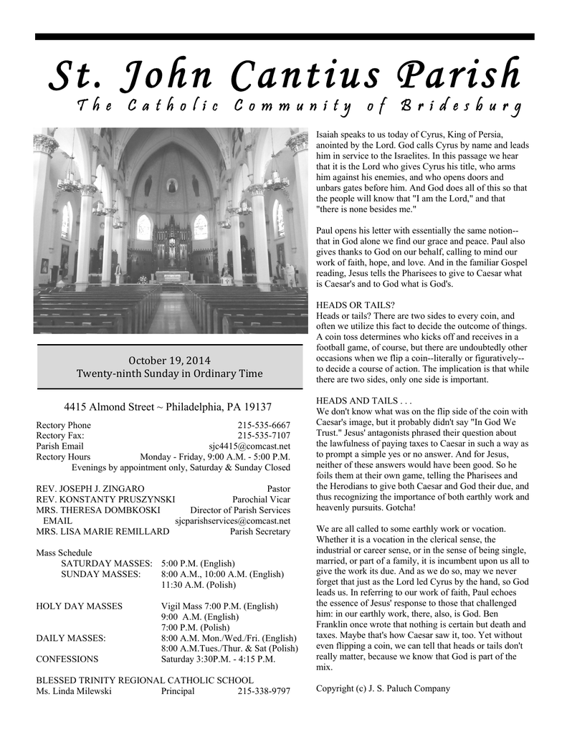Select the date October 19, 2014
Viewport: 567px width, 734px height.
(x=169, y=359)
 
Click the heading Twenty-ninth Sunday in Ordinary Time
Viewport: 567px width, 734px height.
(x=169, y=373)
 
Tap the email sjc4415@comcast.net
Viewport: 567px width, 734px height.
(x=249, y=446)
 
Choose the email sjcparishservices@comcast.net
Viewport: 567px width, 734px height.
(x=232, y=520)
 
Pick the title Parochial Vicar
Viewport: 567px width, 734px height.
(x=261, y=499)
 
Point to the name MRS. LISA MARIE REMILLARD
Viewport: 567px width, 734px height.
(x=103, y=531)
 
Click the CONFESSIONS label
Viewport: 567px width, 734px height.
(x=67, y=659)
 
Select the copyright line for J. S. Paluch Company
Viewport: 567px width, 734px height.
(x=383, y=688)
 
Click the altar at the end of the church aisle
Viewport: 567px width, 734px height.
(x=172, y=276)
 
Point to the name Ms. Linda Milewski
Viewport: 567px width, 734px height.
(x=71, y=691)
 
